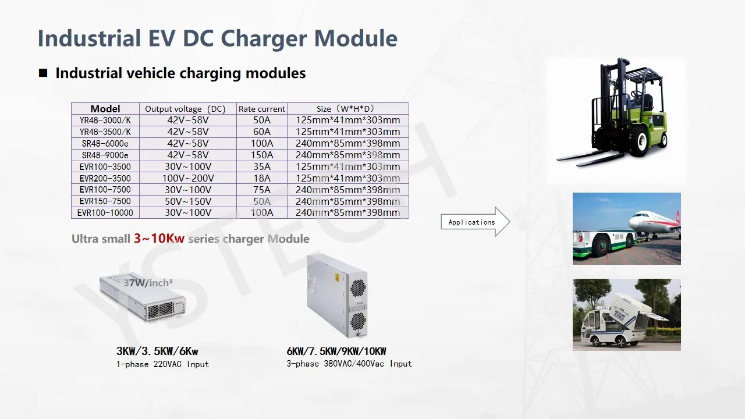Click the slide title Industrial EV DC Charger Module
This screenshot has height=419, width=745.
217,38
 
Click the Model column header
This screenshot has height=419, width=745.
105,109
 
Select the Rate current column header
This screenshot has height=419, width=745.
262,109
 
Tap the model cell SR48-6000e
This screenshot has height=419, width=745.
105,143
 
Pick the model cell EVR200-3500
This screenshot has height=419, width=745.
105,178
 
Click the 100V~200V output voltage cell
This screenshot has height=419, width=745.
187,178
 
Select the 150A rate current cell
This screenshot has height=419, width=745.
262,155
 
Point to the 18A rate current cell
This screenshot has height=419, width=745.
262,178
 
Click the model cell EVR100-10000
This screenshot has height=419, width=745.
105,213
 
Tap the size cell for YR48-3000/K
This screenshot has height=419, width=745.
348,120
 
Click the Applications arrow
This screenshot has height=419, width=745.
475,222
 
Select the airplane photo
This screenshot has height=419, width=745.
626,228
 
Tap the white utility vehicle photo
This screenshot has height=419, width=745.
626,314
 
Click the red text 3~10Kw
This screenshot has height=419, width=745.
159,239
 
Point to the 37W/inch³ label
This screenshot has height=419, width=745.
148,283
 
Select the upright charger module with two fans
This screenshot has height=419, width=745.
337,295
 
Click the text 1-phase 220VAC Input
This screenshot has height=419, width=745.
162,364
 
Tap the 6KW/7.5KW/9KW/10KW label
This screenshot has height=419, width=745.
336,351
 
